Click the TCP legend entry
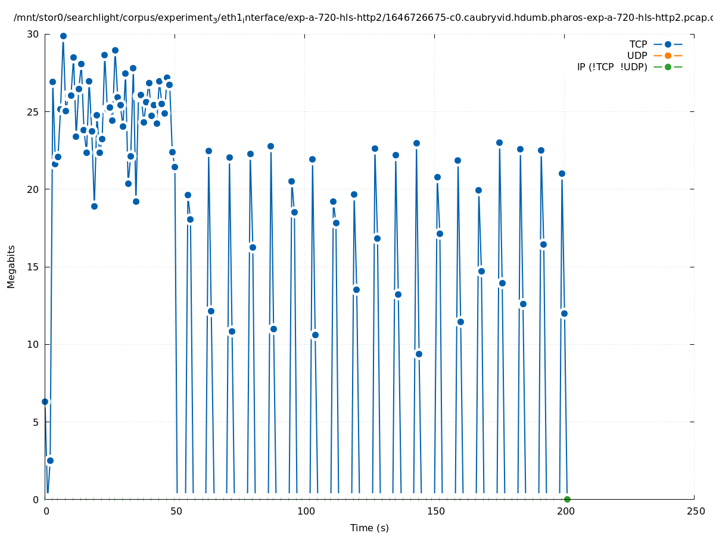[638, 44]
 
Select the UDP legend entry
[637, 55]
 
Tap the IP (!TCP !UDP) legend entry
[612, 67]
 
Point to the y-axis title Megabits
[11, 266]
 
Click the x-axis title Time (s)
[369, 528]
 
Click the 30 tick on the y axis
[33, 34]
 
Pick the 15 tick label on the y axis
[33, 267]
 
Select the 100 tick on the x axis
[306, 512]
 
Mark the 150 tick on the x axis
[435, 512]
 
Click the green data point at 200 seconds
[567, 499]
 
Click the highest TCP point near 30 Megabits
[63, 36]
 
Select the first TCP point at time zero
[45, 401]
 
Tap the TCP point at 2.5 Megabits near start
[50, 460]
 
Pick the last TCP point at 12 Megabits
[564, 313]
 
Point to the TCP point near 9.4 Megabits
[419, 354]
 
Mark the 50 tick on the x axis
[176, 512]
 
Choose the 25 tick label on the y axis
[33, 112]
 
